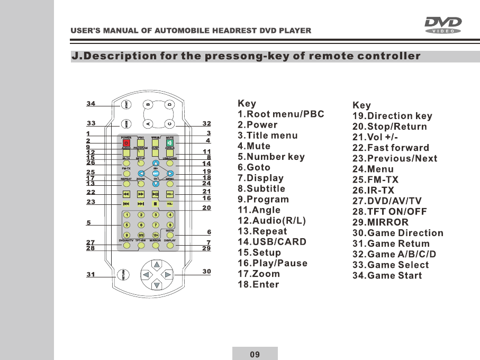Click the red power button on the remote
click(x=126, y=142)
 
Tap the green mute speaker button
click(x=170, y=142)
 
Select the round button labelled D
click(x=170, y=104)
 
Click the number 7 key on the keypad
click(x=156, y=224)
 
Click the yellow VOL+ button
click(x=170, y=194)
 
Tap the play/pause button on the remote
click(x=156, y=194)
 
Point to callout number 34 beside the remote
click(x=91, y=104)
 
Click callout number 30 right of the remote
click(x=206, y=272)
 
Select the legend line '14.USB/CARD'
click(x=272, y=242)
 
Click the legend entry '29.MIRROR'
click(x=381, y=222)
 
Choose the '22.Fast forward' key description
click(x=391, y=148)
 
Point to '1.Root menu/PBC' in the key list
click(x=280, y=114)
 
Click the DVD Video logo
click(x=443, y=24)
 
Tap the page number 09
click(x=255, y=354)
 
